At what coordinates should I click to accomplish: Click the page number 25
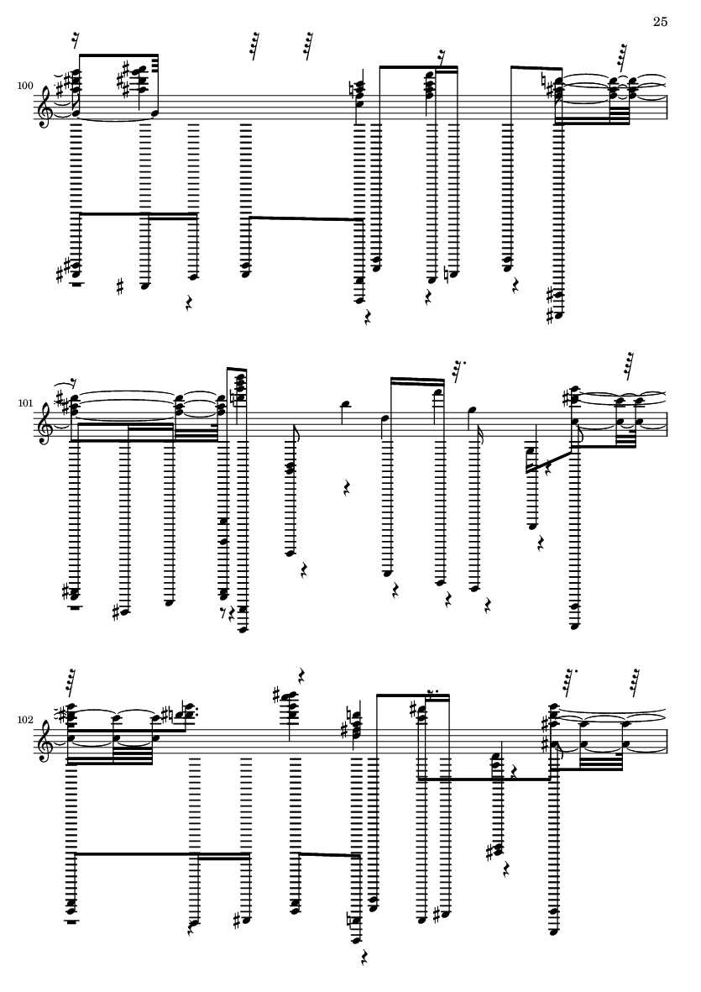pos(660,22)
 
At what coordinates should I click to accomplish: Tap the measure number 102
pos(25,720)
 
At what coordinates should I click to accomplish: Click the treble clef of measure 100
pos(45,108)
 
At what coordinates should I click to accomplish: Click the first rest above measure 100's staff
pos(76,40)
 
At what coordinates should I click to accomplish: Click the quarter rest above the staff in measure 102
pos(302,674)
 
